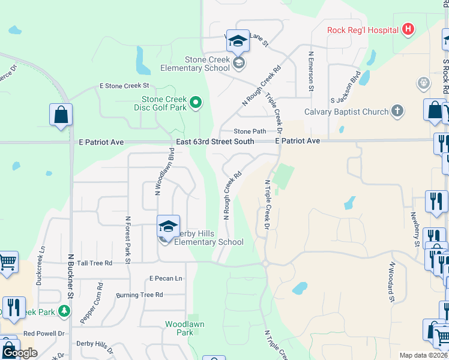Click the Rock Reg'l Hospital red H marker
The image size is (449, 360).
[408, 29]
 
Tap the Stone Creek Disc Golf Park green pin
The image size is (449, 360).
[195, 103]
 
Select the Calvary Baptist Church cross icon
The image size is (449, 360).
[396, 110]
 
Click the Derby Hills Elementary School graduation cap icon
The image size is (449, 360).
[169, 226]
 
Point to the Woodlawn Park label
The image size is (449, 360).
[184, 328]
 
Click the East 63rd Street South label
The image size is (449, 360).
[215, 142]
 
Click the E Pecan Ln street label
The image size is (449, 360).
[166, 278]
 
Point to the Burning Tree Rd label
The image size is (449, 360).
[139, 295]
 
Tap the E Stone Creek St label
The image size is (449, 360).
[124, 86]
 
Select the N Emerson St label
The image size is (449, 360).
[311, 71]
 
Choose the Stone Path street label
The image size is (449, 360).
[250, 131]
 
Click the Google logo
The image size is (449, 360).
[19, 352]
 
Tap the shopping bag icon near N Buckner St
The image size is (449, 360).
[61, 115]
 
